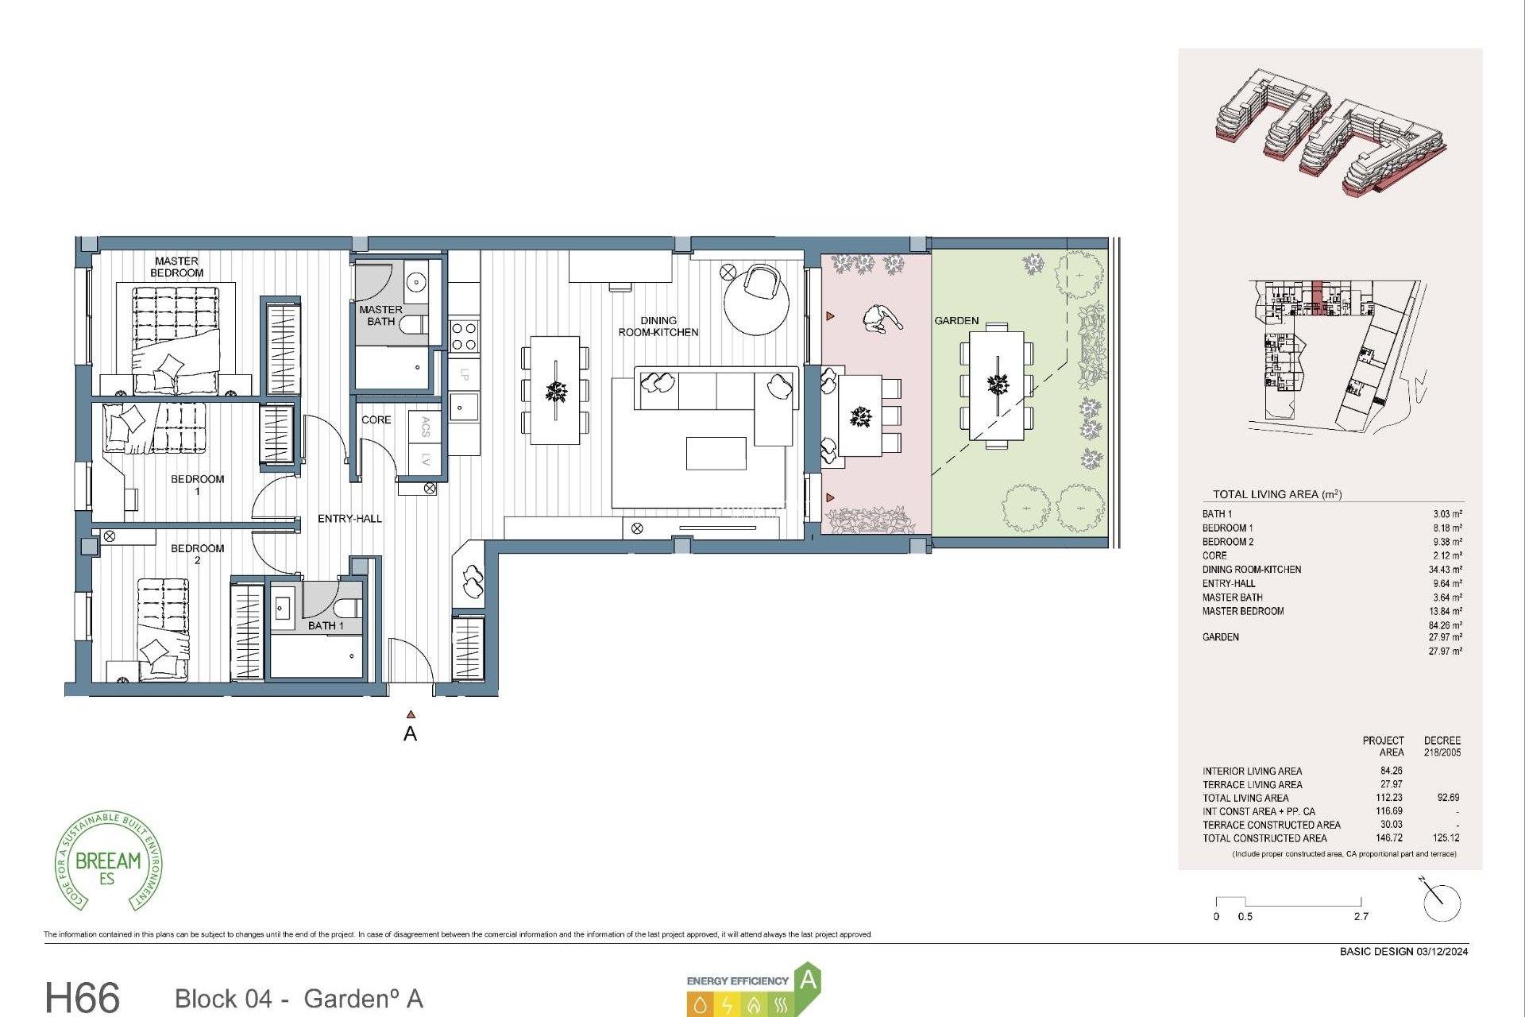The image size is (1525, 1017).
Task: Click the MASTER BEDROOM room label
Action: pos(176,267)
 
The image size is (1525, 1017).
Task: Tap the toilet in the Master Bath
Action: pos(412,324)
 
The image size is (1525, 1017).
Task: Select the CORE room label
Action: pos(376,420)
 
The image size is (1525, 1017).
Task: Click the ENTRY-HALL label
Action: pos(349,519)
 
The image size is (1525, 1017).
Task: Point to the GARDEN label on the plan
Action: pos(956,321)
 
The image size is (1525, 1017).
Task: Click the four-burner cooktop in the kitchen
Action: pos(464,335)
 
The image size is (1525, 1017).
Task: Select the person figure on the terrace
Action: pos(882,319)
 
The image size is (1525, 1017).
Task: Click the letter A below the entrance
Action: pos(410,734)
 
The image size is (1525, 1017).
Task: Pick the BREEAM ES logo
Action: pos(109,862)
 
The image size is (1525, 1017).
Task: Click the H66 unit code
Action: pos(82,997)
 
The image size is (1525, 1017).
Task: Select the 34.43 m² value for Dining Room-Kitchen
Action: pos(1445,570)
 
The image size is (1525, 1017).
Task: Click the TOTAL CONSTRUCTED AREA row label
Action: pos(1264,838)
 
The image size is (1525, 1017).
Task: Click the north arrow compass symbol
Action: pos(1440,902)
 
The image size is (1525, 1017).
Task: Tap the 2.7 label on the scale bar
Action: pos(1361,917)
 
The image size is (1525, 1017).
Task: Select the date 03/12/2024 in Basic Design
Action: pos(1442,951)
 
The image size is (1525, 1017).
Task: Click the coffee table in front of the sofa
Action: pos(716,453)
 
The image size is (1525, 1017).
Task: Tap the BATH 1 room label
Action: pos(326,626)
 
